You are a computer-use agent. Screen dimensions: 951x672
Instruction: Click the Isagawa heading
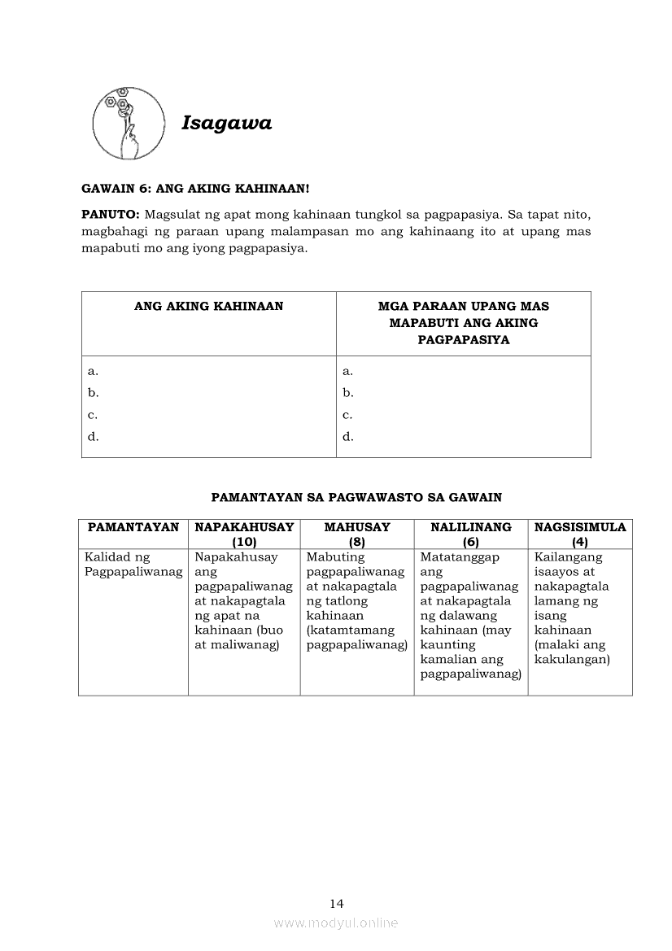(x=226, y=123)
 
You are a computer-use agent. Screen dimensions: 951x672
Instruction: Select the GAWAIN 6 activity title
(x=195, y=189)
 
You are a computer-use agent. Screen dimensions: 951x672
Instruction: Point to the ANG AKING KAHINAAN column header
(x=208, y=307)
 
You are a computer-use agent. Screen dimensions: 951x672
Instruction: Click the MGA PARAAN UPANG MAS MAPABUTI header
(x=463, y=323)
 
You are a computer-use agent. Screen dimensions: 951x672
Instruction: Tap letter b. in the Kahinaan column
(x=94, y=393)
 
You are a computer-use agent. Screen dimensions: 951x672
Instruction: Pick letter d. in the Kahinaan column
(x=94, y=437)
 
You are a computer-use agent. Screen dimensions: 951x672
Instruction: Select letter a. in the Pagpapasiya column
(x=347, y=371)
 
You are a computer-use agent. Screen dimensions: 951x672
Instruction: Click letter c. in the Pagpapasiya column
(x=347, y=415)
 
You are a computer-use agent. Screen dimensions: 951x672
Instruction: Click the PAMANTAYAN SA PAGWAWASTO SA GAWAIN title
(x=356, y=496)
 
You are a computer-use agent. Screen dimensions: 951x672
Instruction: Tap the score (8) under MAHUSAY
(x=356, y=542)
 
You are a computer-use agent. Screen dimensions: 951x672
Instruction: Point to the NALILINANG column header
(x=470, y=527)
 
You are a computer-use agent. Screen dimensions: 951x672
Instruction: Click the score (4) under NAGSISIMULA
(x=579, y=542)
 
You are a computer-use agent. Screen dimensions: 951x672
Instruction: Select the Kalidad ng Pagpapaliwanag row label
(x=133, y=565)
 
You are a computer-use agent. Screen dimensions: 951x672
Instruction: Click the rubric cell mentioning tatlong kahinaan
(x=356, y=601)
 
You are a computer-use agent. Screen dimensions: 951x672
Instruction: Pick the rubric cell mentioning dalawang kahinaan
(x=470, y=616)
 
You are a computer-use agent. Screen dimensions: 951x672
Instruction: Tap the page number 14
(x=337, y=903)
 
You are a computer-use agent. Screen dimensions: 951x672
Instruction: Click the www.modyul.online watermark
(x=336, y=923)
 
